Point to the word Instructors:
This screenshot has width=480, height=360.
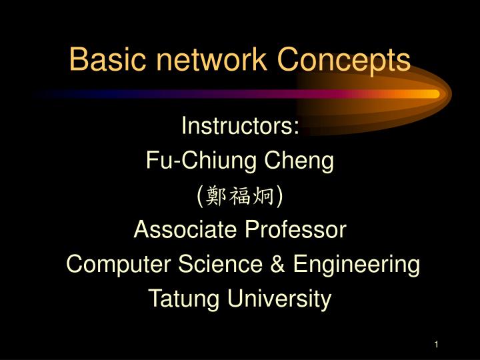tap(240, 125)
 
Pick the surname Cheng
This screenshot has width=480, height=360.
tap(300, 160)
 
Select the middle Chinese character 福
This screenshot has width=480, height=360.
tap(240, 195)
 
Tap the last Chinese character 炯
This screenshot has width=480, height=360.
tap(265, 195)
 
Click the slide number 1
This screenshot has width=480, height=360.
tap(435, 344)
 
